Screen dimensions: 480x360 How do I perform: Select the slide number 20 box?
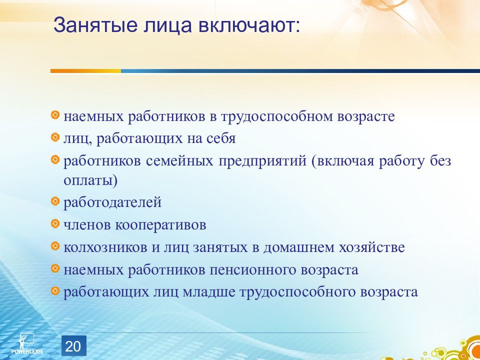[74, 346]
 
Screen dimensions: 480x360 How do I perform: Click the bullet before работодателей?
[55, 201]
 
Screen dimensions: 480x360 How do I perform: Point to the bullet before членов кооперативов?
[55, 224]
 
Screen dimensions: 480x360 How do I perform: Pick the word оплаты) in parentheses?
[90, 181]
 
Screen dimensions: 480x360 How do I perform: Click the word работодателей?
[112, 203]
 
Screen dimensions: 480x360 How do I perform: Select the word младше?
[209, 292]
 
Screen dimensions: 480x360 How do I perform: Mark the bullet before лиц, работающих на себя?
[55, 137]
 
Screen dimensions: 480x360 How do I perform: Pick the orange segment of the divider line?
[85, 71]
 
